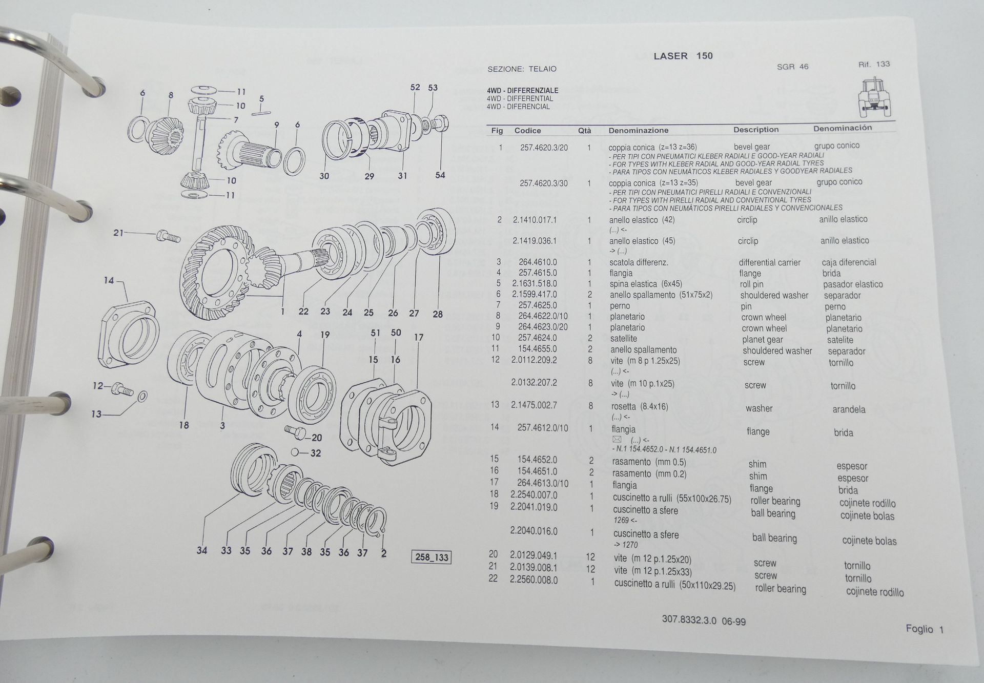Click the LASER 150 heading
click(683, 56)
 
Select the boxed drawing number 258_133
click(432, 557)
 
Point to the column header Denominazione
click(639, 131)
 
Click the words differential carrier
click(769, 262)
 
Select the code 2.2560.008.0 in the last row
click(534, 580)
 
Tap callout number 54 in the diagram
click(440, 175)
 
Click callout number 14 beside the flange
click(109, 280)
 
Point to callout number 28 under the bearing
click(437, 314)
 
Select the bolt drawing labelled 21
click(168, 236)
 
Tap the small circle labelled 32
click(296, 452)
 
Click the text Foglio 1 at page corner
click(924, 629)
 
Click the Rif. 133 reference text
click(874, 65)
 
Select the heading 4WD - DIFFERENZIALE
click(522, 91)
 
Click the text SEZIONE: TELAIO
click(521, 69)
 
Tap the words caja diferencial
click(849, 262)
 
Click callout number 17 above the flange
click(419, 337)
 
